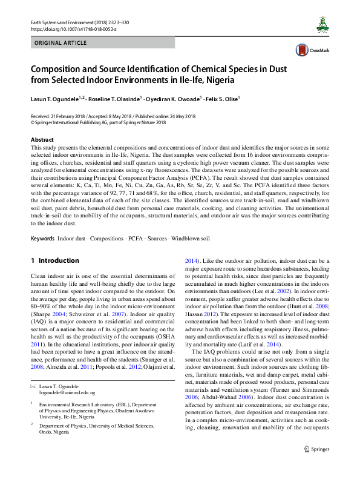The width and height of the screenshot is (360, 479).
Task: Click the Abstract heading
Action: tap(42, 140)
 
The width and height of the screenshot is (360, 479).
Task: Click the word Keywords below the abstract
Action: tap(44, 222)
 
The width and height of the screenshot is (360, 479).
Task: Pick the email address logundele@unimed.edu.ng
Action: tap(68, 392)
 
